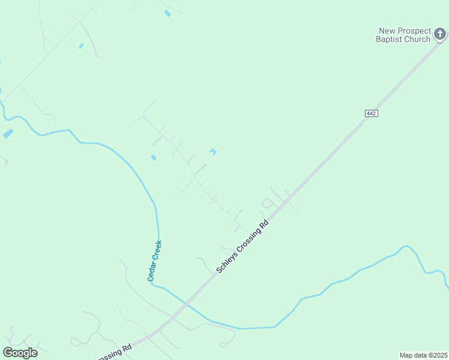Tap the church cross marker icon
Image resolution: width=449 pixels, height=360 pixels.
(x=441, y=34)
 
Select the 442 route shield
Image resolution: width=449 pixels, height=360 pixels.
(x=371, y=113)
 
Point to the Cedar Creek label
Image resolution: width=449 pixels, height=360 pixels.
(x=155, y=260)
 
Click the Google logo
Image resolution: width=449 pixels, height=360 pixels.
(x=20, y=353)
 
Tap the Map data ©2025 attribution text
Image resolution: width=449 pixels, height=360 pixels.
(x=423, y=355)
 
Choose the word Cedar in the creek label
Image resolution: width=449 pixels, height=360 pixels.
(x=152, y=272)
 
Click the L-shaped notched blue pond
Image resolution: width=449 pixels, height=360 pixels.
(x=212, y=152)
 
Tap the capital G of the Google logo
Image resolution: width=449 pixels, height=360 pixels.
(x=8, y=353)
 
